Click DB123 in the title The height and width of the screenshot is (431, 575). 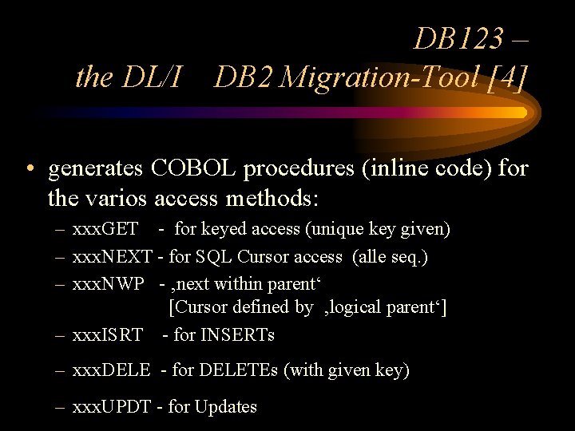459,38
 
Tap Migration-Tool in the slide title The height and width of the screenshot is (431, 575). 382,77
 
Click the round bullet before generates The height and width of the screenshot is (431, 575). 29,170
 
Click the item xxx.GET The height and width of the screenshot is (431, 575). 105,230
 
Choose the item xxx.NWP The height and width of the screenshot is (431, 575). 108,283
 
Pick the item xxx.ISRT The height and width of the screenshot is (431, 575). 107,334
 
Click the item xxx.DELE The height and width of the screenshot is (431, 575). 111,370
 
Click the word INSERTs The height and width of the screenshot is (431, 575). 237,334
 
